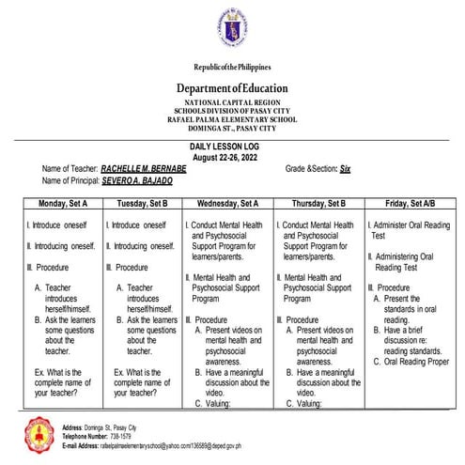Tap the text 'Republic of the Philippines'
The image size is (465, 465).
tap(232, 69)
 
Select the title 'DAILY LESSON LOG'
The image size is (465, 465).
tap(231, 147)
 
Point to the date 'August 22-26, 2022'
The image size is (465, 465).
tap(231, 156)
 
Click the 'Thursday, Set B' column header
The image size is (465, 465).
tap(316, 203)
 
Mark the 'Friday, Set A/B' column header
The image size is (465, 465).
tap(405, 203)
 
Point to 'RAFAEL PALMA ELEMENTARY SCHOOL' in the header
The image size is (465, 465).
tap(232, 119)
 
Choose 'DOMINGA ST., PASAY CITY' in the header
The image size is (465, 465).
tap(232, 128)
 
